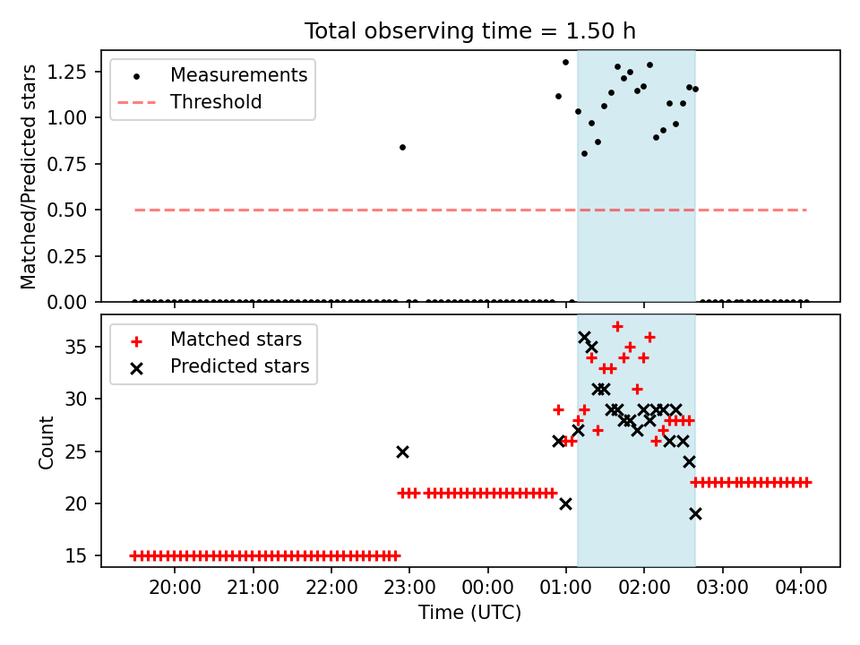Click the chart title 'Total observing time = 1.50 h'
point(470,31)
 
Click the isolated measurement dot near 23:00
point(402,148)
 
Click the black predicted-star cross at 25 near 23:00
point(402,451)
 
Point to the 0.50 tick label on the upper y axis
point(67,210)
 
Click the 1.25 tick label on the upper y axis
point(67,72)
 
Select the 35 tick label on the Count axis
point(75,347)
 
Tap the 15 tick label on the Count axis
point(75,555)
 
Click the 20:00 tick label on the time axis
point(175,588)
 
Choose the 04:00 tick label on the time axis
point(801,588)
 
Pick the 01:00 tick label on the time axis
point(566,588)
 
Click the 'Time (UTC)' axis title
point(470,613)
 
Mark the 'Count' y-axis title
point(46,443)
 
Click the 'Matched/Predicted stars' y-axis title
point(28,176)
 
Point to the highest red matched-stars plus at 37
point(617,327)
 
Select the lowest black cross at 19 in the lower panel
point(695,514)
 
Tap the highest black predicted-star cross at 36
point(584,338)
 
